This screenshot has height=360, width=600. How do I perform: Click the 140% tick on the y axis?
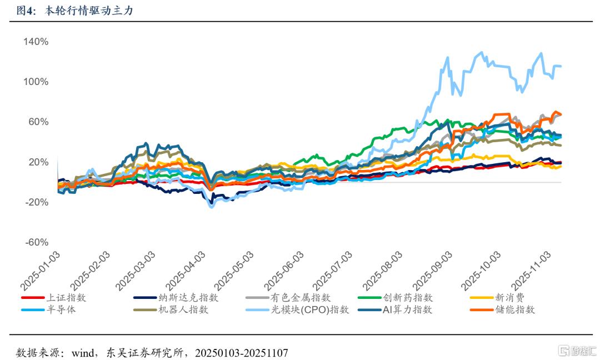[36, 42]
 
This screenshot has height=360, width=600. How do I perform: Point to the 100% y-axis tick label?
[36, 82]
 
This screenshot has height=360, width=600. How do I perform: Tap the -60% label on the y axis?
[36, 242]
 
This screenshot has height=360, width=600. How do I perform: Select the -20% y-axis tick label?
[36, 202]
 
